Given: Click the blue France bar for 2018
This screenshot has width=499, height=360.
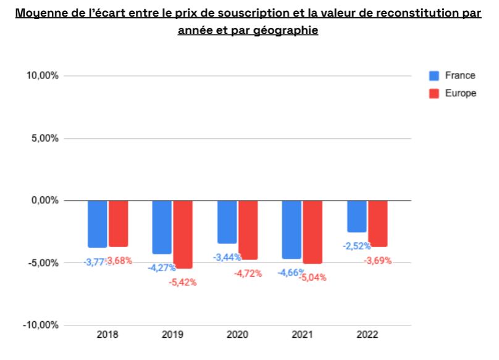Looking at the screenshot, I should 97,224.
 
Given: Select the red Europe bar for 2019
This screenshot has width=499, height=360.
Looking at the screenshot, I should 183,234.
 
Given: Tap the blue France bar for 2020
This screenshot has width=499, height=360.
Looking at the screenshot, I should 227,222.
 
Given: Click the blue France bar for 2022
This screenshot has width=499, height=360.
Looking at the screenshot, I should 356,216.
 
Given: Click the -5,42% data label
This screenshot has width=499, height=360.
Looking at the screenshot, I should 182,282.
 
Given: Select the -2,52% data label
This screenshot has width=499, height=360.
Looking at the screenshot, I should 357,246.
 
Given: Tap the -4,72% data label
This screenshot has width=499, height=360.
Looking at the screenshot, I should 248,273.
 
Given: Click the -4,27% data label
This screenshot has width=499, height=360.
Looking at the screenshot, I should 161,267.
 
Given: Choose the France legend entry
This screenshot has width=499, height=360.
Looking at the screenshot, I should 459,75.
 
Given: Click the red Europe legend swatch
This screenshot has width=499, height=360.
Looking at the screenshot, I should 434,94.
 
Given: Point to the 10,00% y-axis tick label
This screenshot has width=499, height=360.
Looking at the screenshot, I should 43,76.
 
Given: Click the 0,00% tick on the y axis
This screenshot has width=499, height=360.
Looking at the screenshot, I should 45,200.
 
